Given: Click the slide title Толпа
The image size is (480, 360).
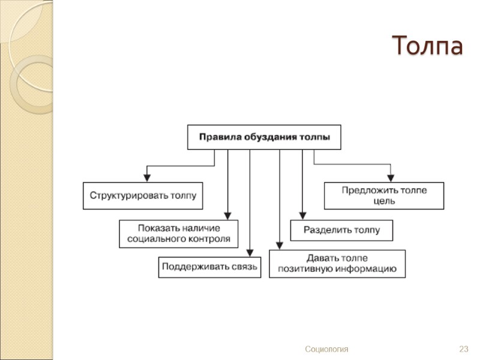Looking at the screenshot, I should click(x=427, y=46).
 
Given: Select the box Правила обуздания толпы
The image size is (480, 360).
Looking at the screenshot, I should click(x=264, y=137).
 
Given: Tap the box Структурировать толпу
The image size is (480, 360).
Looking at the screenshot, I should click(x=143, y=196).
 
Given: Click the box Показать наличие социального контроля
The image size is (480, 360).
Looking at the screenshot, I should click(x=179, y=233).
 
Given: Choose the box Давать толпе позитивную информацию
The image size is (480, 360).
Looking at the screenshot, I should click(x=337, y=263).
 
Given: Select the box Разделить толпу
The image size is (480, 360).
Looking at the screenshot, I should click(x=341, y=230).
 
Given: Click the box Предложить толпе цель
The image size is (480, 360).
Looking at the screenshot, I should click(x=384, y=196).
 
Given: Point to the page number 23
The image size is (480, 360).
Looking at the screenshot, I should click(x=463, y=349).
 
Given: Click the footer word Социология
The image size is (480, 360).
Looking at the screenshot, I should click(x=326, y=349).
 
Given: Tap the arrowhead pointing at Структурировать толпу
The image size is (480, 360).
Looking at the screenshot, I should click(x=146, y=177).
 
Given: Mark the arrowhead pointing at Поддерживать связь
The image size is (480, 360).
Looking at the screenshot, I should click(x=249, y=253).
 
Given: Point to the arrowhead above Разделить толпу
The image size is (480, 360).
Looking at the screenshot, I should click(x=302, y=215).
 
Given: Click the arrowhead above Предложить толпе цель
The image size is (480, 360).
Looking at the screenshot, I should click(x=391, y=177).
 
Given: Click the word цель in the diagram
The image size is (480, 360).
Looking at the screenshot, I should click(x=384, y=201).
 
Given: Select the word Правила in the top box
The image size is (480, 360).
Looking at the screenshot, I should click(x=220, y=137).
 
